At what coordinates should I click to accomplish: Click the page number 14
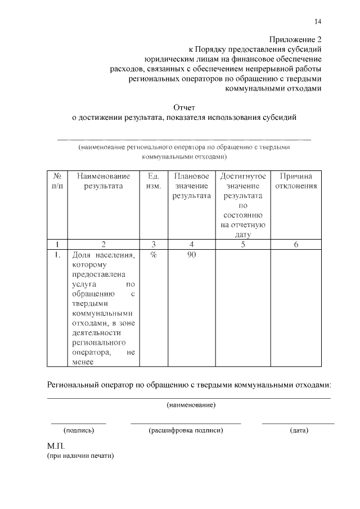(x=318, y=21)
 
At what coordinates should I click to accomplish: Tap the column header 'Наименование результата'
(x=103, y=181)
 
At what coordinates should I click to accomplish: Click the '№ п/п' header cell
(x=57, y=181)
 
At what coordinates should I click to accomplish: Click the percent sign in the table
(x=152, y=255)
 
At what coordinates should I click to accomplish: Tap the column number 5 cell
(x=243, y=244)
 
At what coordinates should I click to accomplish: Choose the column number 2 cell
(x=103, y=244)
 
